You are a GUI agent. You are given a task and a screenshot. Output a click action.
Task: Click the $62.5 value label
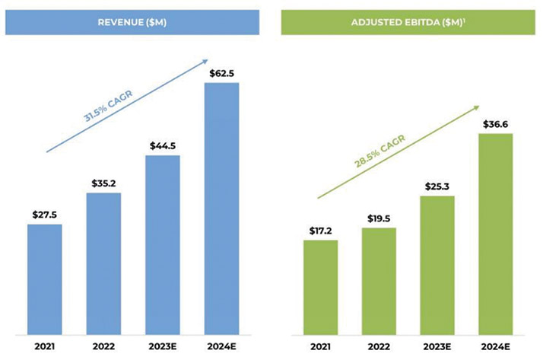tap(221, 72)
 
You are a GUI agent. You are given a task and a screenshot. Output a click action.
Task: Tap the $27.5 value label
tap(45, 215)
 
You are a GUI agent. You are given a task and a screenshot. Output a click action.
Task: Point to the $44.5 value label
tap(162, 145)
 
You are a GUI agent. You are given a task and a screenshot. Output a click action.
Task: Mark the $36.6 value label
tap(496, 123)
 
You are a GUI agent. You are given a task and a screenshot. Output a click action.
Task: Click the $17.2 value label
tap(321, 230)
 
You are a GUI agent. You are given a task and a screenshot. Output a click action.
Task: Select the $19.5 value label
tap(379, 218)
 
